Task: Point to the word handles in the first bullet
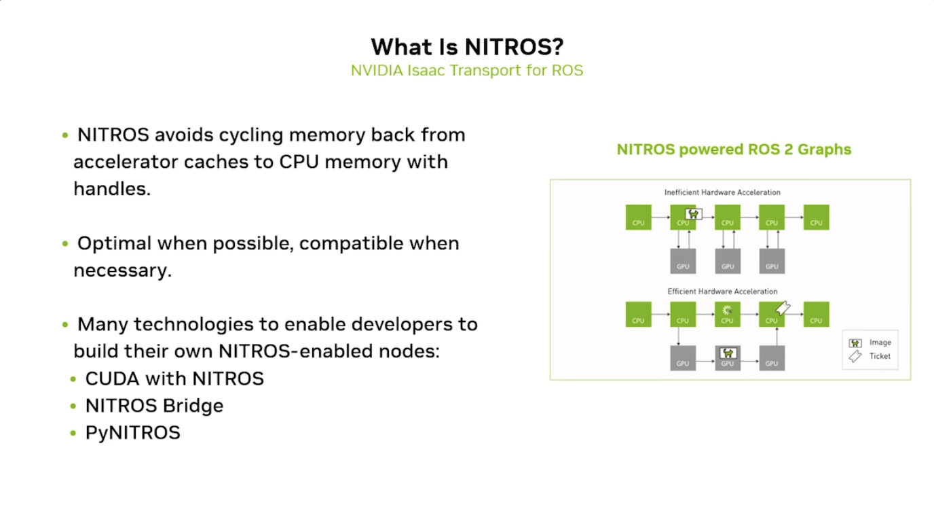[x=112, y=189]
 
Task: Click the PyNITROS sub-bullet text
[x=133, y=433]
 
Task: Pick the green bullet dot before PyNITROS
[x=73, y=433]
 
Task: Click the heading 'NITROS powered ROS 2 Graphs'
[x=734, y=150]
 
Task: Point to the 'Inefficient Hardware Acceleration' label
[x=722, y=192]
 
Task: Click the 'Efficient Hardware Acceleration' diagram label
[x=722, y=292]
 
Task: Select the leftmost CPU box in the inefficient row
[x=638, y=217]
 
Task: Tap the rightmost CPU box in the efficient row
[x=816, y=315]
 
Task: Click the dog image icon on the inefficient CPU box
[x=692, y=213]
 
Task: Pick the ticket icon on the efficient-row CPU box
[x=783, y=308]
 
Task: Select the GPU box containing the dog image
[x=728, y=357]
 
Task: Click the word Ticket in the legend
[x=880, y=356]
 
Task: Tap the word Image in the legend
[x=880, y=343]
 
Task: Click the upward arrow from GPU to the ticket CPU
[x=772, y=336]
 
